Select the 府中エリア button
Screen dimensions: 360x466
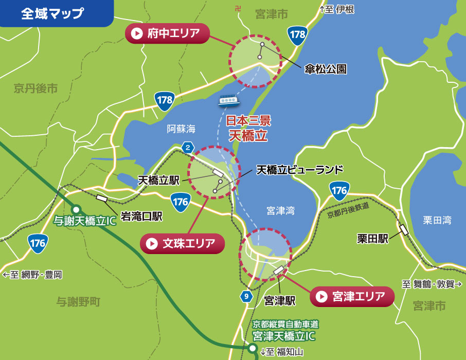point(168,34)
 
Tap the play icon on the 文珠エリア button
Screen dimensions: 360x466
point(152,244)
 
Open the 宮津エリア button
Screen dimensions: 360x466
point(352,296)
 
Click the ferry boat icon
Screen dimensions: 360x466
point(229,100)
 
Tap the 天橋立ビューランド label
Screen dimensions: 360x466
point(299,169)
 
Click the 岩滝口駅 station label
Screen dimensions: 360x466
point(141,216)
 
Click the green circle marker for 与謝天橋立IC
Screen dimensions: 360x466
point(77,209)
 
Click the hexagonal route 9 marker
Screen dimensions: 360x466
point(246,296)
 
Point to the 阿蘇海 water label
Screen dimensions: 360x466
point(182,130)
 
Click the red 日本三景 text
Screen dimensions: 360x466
point(248,122)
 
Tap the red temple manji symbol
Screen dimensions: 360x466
point(237,9)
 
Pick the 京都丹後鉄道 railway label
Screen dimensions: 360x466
point(348,210)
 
